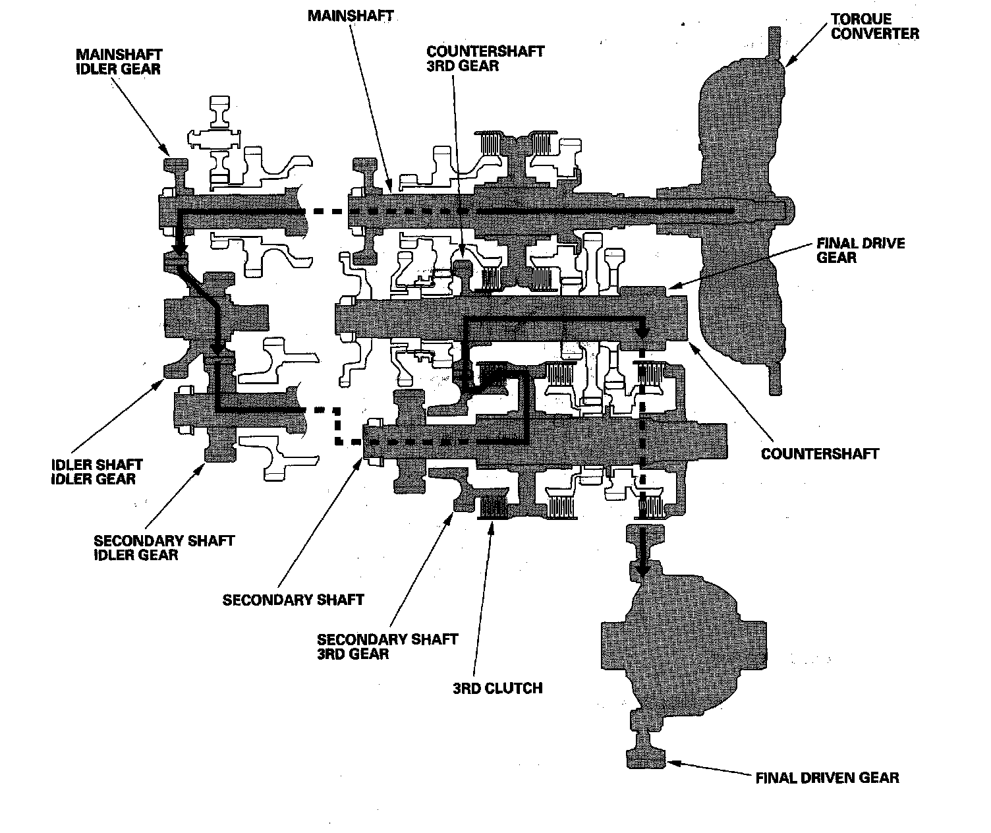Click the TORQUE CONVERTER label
click(x=874, y=26)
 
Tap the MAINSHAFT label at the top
click(x=350, y=14)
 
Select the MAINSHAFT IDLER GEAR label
click(x=118, y=61)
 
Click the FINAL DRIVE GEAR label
click(x=861, y=250)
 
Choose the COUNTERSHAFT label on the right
click(x=820, y=453)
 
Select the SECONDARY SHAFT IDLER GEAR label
click(x=163, y=548)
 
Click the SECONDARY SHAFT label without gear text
click(x=293, y=600)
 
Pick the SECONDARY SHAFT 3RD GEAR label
click(x=387, y=646)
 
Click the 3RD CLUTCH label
click(x=497, y=688)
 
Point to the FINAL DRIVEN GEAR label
click(x=827, y=778)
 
